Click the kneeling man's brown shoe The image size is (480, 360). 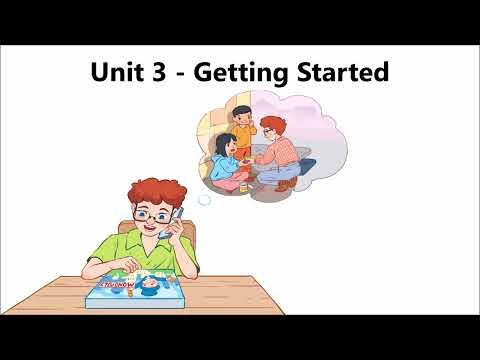tap(286, 183)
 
